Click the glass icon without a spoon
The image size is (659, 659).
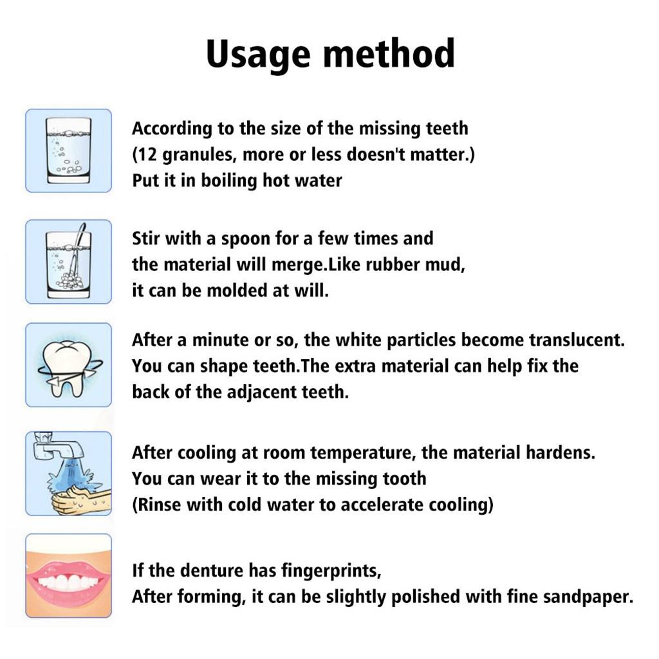68,151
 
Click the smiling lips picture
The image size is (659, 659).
68,577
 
